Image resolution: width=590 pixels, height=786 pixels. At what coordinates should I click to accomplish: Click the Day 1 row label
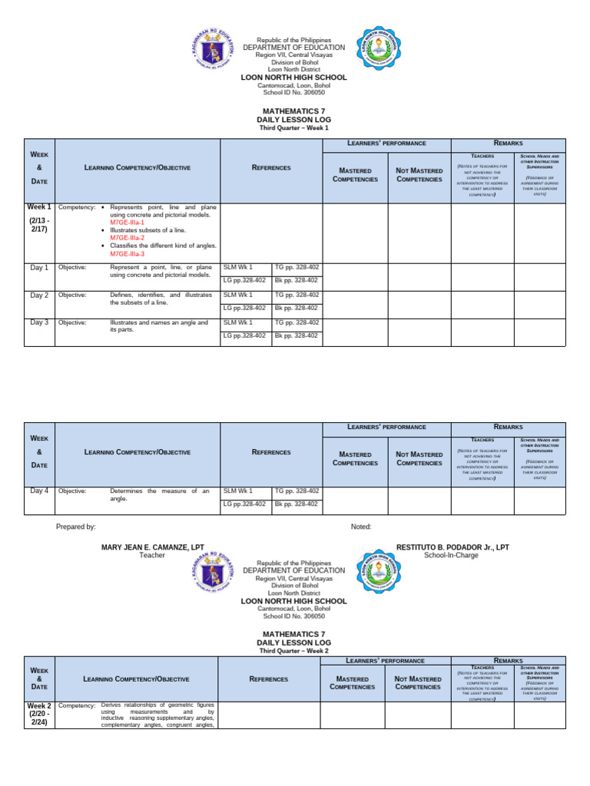tap(39, 268)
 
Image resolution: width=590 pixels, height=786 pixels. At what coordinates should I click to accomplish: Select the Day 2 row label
tap(39, 296)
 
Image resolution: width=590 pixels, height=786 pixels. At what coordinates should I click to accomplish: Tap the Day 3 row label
tap(39, 322)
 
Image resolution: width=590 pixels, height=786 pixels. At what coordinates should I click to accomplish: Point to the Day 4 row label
tap(39, 490)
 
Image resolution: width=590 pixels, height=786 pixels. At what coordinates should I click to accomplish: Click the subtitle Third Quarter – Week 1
tap(294, 128)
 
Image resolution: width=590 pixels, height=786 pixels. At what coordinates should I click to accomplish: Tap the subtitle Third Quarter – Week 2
tap(294, 650)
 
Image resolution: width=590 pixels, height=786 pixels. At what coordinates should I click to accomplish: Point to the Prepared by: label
tap(76, 527)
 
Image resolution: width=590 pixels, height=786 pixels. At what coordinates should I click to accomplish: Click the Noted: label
tap(360, 527)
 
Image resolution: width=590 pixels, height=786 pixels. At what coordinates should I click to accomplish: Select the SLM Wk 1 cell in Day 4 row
tap(237, 490)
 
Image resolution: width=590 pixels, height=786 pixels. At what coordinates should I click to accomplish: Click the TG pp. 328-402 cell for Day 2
tap(297, 295)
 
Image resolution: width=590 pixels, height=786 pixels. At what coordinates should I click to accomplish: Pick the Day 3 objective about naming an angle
tap(159, 326)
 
